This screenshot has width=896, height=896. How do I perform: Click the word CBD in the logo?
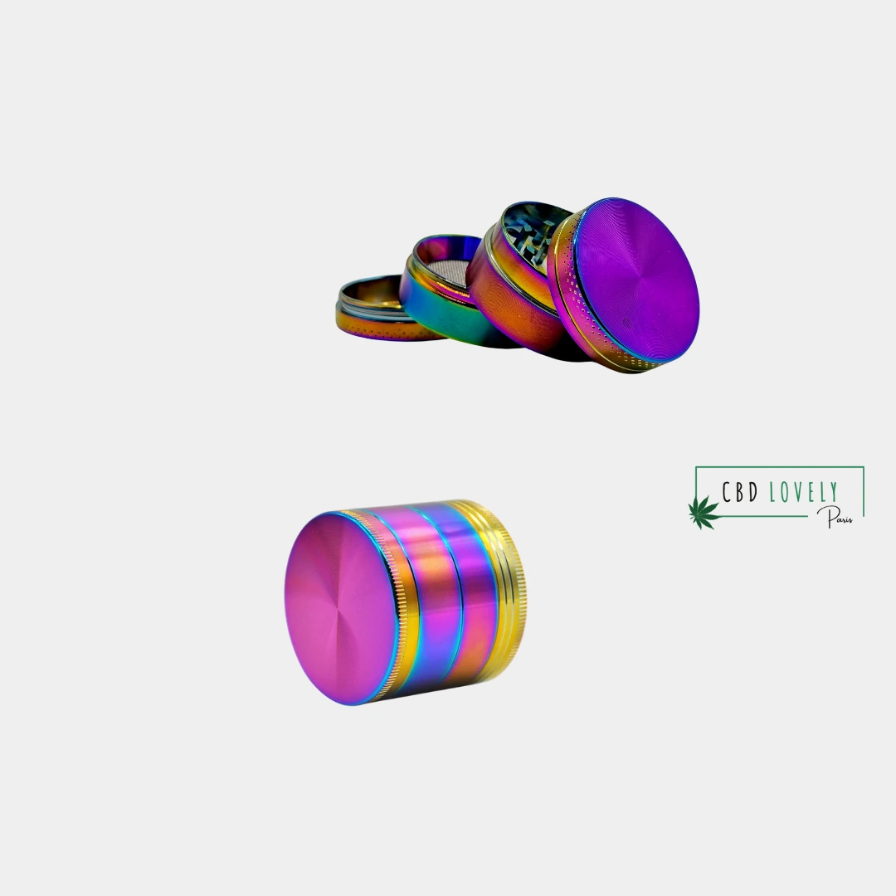click(x=740, y=491)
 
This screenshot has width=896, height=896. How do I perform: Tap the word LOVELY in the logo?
click(x=804, y=492)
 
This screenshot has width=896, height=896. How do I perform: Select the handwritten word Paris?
click(x=835, y=517)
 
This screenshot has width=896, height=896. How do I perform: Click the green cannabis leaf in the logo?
click(x=704, y=512)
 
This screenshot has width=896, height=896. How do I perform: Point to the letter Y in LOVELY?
click(x=834, y=492)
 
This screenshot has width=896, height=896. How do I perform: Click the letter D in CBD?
click(x=753, y=492)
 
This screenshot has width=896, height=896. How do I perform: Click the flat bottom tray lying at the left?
click(x=380, y=309)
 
